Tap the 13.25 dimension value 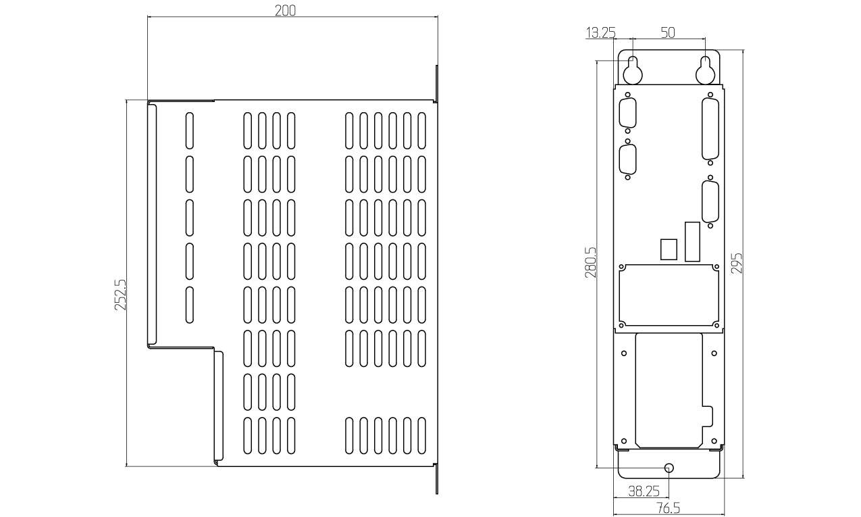pyautogui.click(x=600, y=33)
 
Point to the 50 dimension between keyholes pyautogui.click(x=668, y=33)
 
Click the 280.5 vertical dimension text pyautogui.click(x=590, y=263)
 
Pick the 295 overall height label pyautogui.click(x=737, y=263)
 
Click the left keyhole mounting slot pyautogui.click(x=632, y=68)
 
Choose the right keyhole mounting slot pyautogui.click(x=705, y=68)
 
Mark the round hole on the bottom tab pyautogui.click(x=669, y=468)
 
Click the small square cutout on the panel pyautogui.click(x=668, y=248)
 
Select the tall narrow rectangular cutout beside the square pyautogui.click(x=692, y=241)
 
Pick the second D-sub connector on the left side pyautogui.click(x=628, y=161)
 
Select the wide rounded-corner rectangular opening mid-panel pyautogui.click(x=669, y=294)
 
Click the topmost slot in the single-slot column pyautogui.click(x=189, y=129)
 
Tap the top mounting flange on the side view pyautogui.click(x=436, y=84)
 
